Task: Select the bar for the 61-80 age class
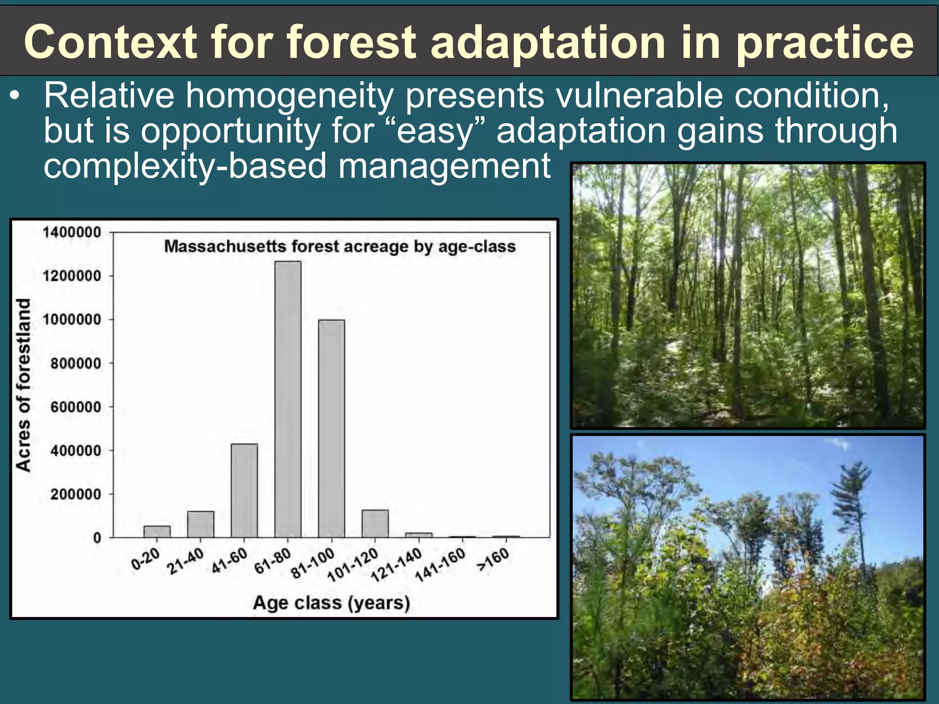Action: point(288,399)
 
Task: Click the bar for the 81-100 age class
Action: point(331,429)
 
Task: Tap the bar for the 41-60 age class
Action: point(244,490)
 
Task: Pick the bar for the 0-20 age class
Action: point(157,532)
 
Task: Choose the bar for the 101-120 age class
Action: point(375,523)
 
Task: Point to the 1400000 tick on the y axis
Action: point(72,232)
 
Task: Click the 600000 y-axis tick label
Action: point(76,407)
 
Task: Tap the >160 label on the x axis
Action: point(493,560)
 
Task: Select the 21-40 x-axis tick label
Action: point(185,561)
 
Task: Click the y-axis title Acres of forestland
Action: point(23,385)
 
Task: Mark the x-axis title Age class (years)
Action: point(331,602)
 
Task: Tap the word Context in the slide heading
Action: point(110,42)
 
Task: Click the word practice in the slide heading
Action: point(825,42)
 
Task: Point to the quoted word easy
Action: point(434,132)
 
